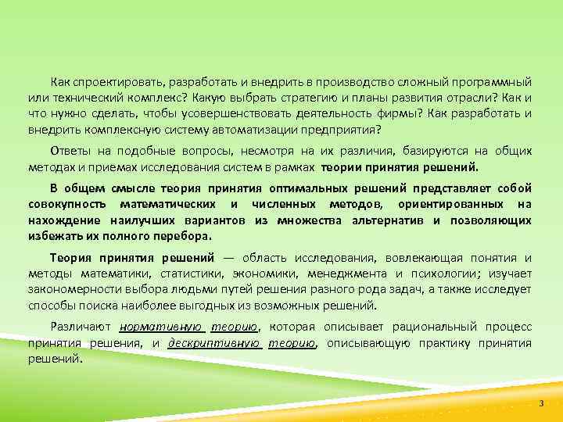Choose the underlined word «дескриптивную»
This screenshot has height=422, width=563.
tap(212, 342)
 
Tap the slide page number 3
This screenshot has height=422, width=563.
tap(540, 402)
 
